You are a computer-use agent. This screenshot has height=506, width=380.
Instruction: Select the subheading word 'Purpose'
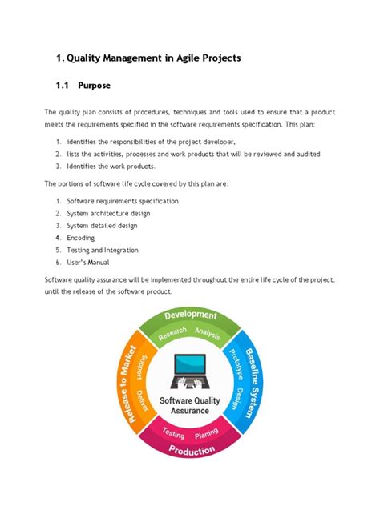tap(95, 85)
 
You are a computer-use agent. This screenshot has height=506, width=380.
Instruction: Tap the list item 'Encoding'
tap(80, 238)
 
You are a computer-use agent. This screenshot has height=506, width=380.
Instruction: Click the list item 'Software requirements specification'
tap(123, 201)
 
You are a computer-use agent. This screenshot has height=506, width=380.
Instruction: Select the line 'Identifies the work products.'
tap(117, 167)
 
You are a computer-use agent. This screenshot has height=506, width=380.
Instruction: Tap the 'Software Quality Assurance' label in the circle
tap(190, 405)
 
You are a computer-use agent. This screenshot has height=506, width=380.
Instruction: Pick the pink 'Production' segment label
tap(191, 450)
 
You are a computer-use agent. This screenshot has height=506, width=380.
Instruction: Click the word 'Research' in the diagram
tap(172, 335)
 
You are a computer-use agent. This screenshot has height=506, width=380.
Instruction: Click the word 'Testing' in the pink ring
tap(173, 432)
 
